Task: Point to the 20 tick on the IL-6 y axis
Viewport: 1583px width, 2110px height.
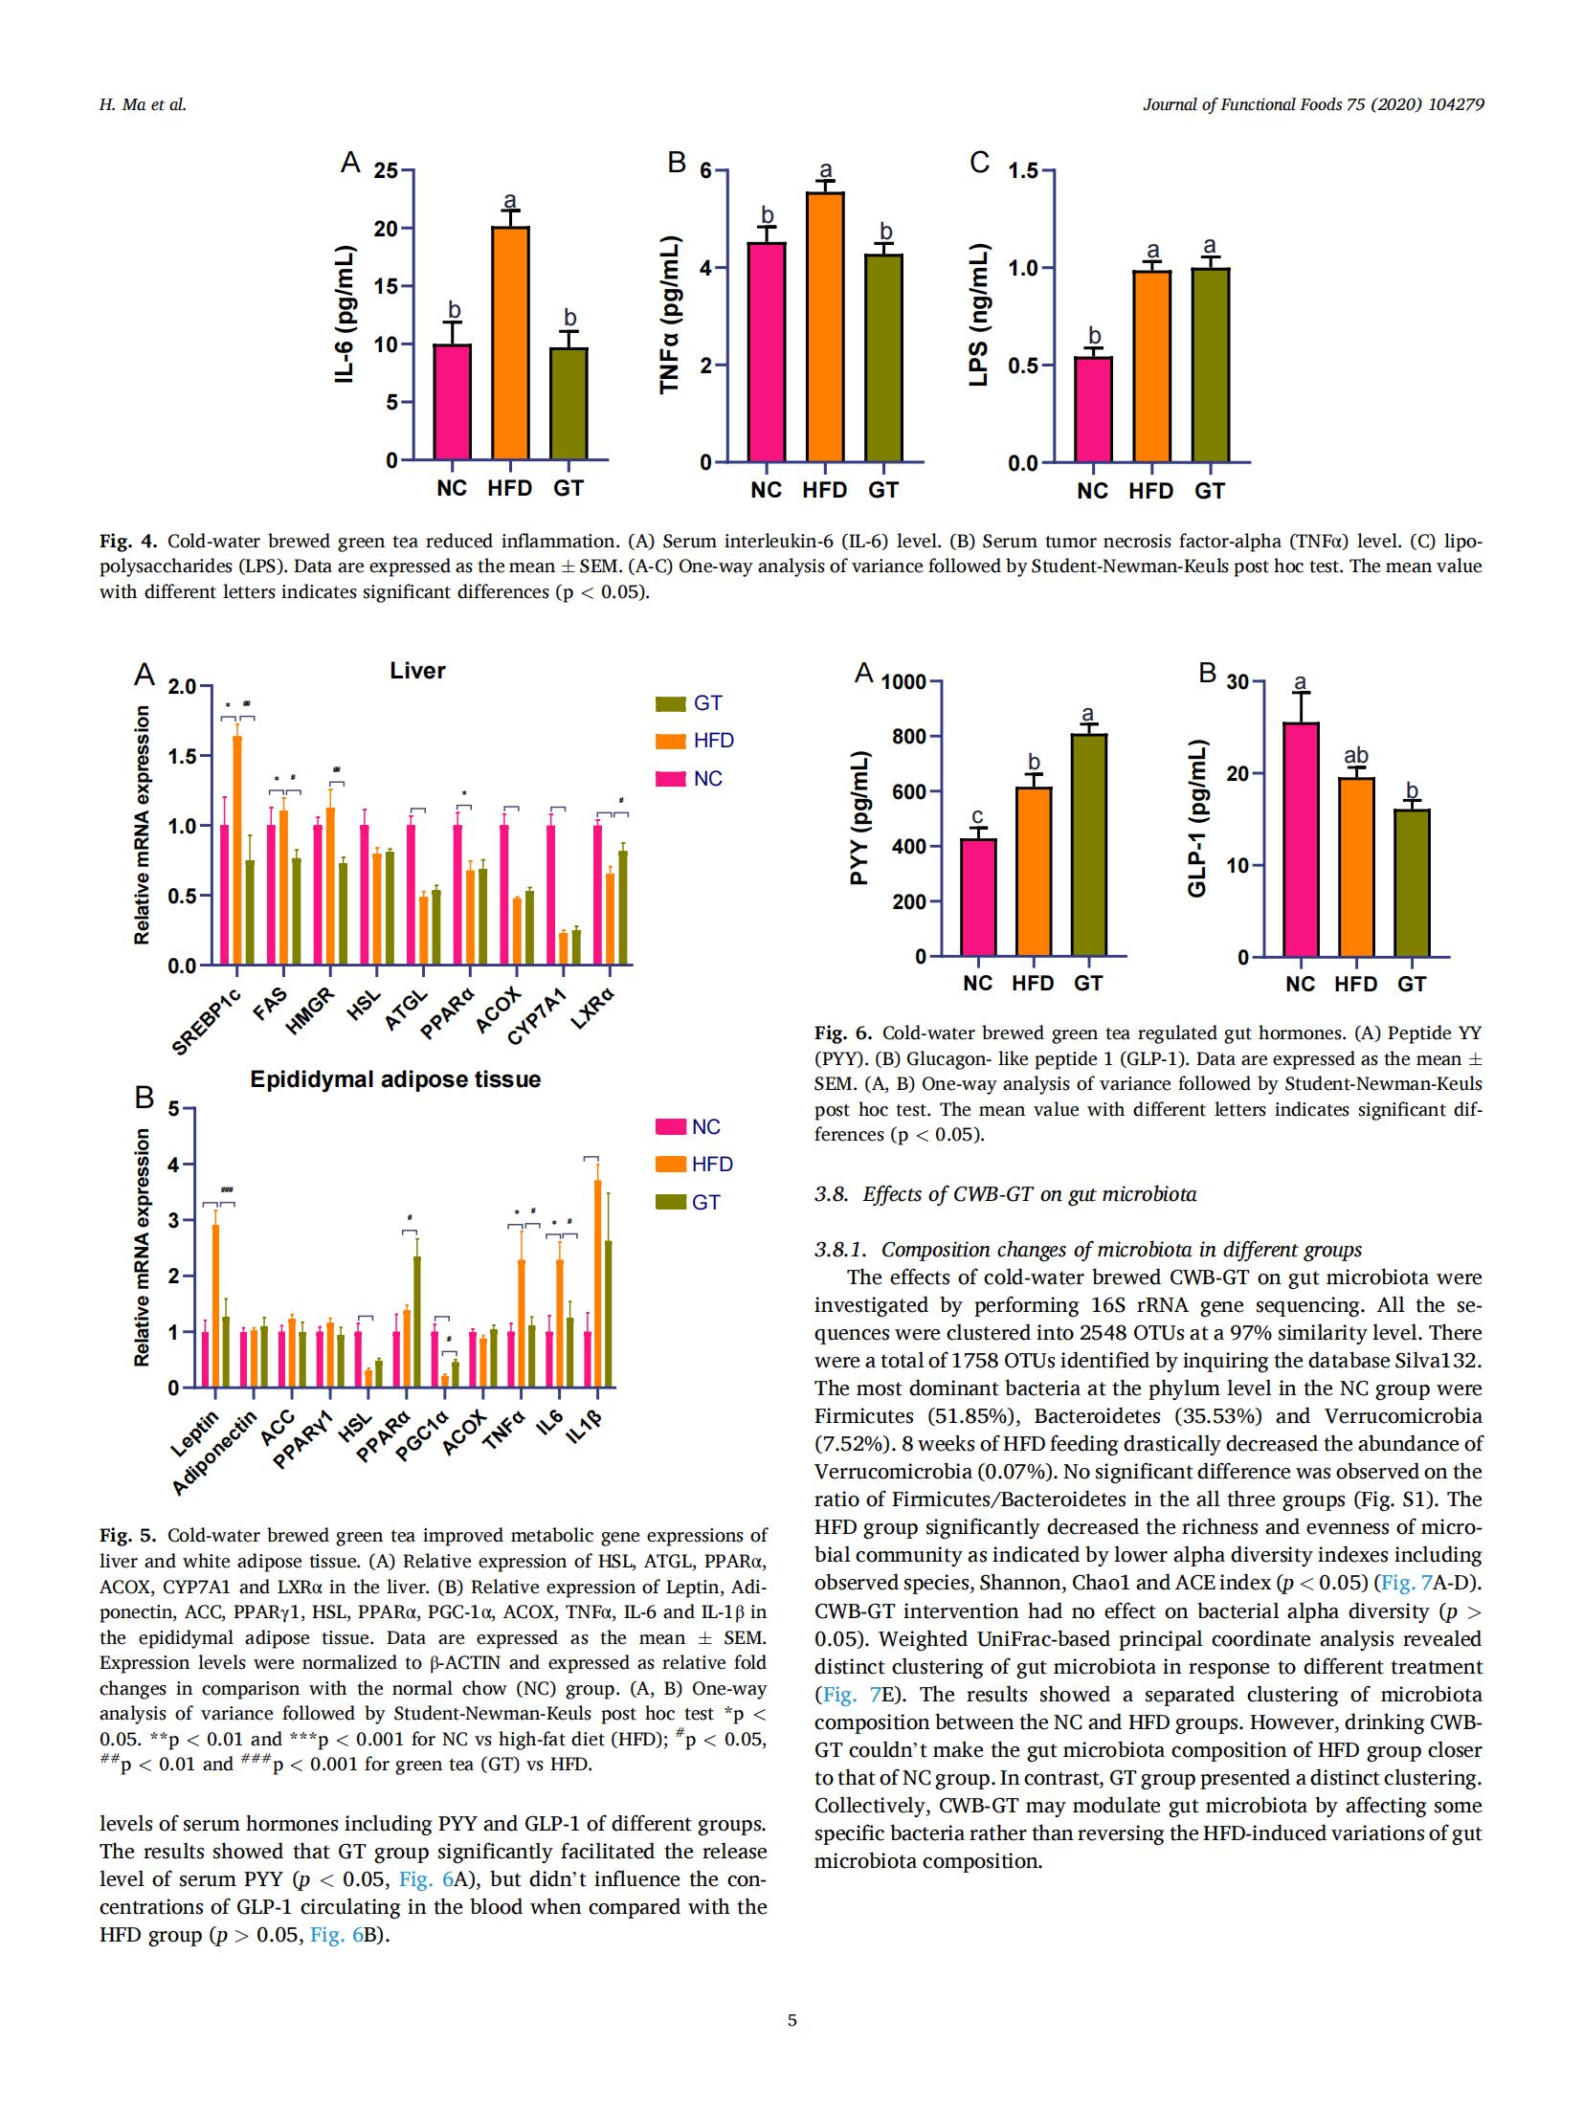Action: pos(385,229)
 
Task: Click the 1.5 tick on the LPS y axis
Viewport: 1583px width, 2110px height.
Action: pos(1025,171)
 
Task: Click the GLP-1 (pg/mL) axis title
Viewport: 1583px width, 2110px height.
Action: pos(1196,819)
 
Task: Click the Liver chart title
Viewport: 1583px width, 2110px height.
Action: pos(417,671)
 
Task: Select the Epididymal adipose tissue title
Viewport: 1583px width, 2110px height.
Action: pos(395,1079)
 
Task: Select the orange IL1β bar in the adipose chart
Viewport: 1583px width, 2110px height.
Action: pos(598,1283)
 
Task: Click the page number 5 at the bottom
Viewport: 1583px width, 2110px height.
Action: pos(791,2020)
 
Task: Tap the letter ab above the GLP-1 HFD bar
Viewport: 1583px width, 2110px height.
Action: pos(1356,756)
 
